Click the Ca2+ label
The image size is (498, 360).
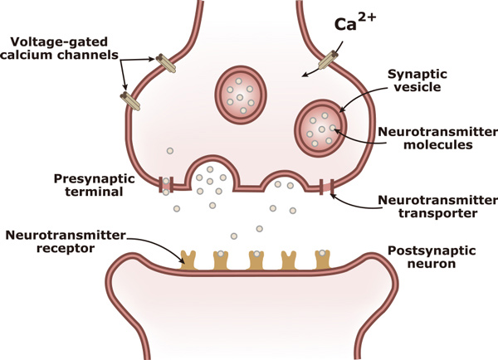click(354, 22)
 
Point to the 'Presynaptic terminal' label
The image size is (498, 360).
click(88, 185)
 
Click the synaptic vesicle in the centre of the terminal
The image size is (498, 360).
click(240, 90)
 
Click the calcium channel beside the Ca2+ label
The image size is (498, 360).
click(328, 61)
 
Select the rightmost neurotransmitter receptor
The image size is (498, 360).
click(322, 258)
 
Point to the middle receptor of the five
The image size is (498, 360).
click(256, 258)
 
